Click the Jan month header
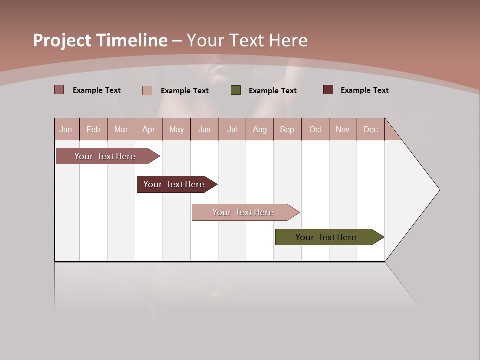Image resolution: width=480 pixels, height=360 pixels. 66,129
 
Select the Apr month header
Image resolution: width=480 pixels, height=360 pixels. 149,129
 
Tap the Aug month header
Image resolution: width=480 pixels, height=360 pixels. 260,129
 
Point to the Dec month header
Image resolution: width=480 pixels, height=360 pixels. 370,129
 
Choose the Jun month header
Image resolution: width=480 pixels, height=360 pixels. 204,129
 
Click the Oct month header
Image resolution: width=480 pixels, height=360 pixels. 315,129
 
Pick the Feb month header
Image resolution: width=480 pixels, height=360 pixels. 93,129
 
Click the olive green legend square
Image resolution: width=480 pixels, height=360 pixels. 236,90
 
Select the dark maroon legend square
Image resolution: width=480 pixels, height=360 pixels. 328,90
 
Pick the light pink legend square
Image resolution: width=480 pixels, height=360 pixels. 147,90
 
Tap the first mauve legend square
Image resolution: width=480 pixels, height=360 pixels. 59,90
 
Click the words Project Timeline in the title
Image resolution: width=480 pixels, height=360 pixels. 100,40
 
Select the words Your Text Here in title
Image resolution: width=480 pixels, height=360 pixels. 247,40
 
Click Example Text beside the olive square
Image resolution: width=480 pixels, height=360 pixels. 272,91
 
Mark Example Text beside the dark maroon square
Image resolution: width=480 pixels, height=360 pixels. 364,90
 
